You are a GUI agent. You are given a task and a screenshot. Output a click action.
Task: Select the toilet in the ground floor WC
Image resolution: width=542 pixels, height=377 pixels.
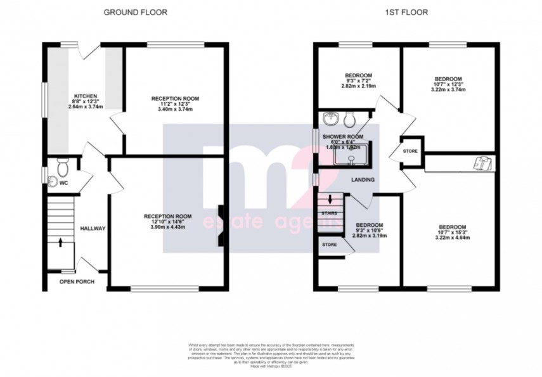pyautogui.click(x=63, y=168)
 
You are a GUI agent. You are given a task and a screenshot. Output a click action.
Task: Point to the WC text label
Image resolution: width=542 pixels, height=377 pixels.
pyautogui.click(x=63, y=184)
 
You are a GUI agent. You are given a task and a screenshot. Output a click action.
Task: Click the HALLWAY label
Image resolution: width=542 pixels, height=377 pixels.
pyautogui.click(x=93, y=228)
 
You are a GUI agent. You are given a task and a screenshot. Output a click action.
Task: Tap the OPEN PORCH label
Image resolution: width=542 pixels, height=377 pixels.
pyautogui.click(x=77, y=281)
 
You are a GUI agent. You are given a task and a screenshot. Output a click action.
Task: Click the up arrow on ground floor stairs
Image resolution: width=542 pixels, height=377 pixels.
pyautogui.click(x=60, y=241)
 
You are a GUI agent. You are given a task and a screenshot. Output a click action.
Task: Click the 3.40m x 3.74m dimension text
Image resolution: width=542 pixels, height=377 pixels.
pyautogui.click(x=175, y=109)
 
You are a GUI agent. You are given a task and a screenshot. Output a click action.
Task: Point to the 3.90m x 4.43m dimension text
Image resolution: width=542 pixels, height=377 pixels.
pyautogui.click(x=167, y=226)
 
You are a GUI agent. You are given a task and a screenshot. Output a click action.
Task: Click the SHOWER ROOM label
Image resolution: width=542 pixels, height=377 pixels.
pyautogui.click(x=342, y=136)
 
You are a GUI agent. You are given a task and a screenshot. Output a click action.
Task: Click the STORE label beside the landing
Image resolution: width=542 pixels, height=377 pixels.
pyautogui.click(x=410, y=152)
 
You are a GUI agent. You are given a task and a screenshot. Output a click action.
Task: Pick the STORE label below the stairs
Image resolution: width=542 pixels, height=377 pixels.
pyautogui.click(x=329, y=244)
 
